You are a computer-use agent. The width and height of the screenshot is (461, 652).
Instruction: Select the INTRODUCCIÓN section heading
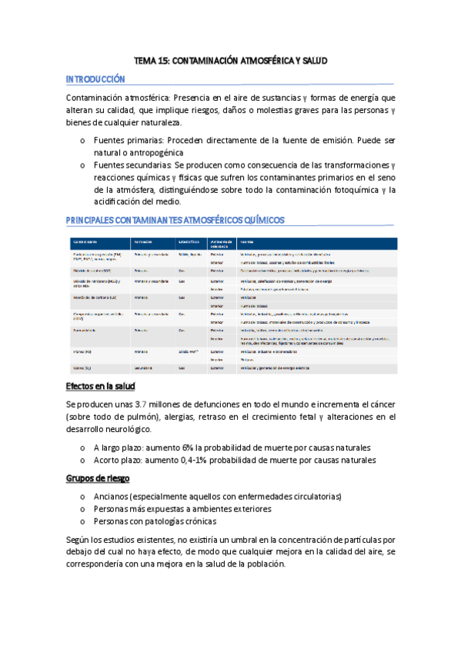[x=95, y=79]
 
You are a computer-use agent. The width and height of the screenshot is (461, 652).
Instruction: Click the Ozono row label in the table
[x=83, y=368]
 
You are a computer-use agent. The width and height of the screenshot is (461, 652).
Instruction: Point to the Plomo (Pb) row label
[x=84, y=351]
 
